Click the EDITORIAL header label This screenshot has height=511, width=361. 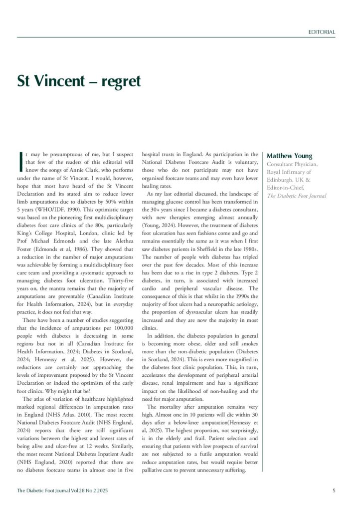[321, 32]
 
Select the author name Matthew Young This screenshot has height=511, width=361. [289, 156]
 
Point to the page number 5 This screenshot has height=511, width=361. [334, 491]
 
